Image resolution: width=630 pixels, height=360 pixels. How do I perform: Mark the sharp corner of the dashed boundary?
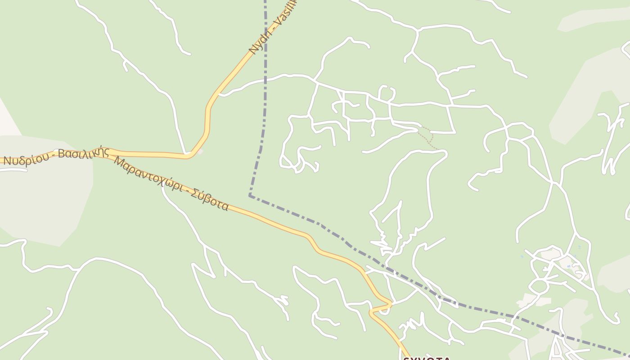pos(250,196)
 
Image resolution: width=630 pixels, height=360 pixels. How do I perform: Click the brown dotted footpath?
pos(428,137)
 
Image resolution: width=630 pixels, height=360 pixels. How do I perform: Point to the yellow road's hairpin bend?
pos(390,304)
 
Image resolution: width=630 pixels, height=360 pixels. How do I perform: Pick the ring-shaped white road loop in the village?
pos(539,285)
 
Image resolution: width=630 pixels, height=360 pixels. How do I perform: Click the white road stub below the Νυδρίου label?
pos(13,170)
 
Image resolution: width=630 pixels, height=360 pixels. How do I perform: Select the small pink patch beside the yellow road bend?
pos(200,152)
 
